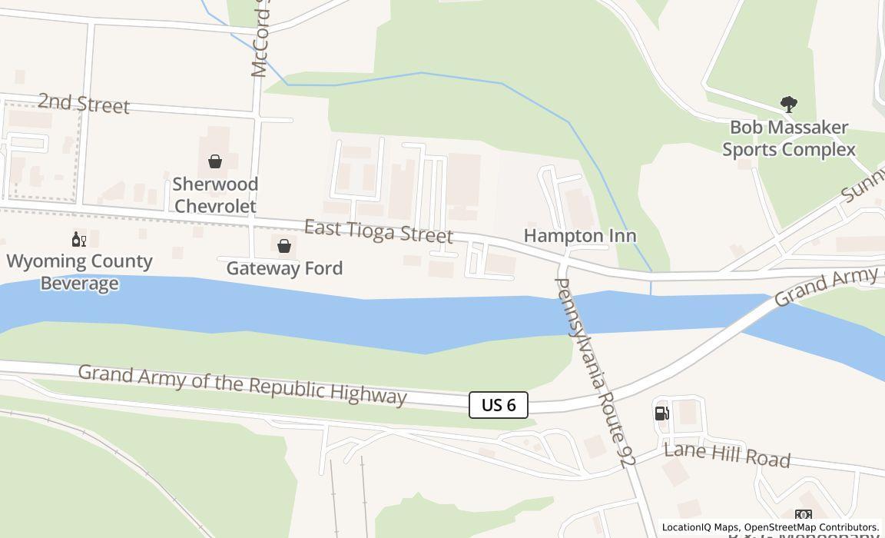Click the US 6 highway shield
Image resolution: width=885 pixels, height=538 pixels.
click(x=499, y=405)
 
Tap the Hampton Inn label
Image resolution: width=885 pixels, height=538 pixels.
click(x=580, y=235)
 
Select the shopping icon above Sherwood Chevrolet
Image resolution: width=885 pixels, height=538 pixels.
click(x=215, y=161)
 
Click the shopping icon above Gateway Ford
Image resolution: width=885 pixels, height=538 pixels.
click(x=284, y=246)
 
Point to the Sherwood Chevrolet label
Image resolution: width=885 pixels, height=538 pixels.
click(x=215, y=195)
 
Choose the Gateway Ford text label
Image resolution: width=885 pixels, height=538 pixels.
click(x=284, y=268)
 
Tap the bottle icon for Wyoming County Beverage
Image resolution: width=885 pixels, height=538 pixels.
click(x=79, y=240)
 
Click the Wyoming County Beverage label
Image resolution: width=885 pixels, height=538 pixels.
click(x=80, y=272)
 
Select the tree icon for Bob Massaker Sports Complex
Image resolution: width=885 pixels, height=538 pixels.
click(x=788, y=105)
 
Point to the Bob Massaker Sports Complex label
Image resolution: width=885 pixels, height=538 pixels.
click(x=789, y=138)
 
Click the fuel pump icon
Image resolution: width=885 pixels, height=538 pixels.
click(x=661, y=413)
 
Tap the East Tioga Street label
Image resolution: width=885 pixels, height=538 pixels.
click(x=379, y=231)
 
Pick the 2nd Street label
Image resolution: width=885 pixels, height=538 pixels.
click(x=84, y=103)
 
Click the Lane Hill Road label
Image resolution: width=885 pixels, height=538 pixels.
click(x=727, y=454)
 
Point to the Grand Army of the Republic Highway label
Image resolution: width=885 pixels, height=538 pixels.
click(x=242, y=383)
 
